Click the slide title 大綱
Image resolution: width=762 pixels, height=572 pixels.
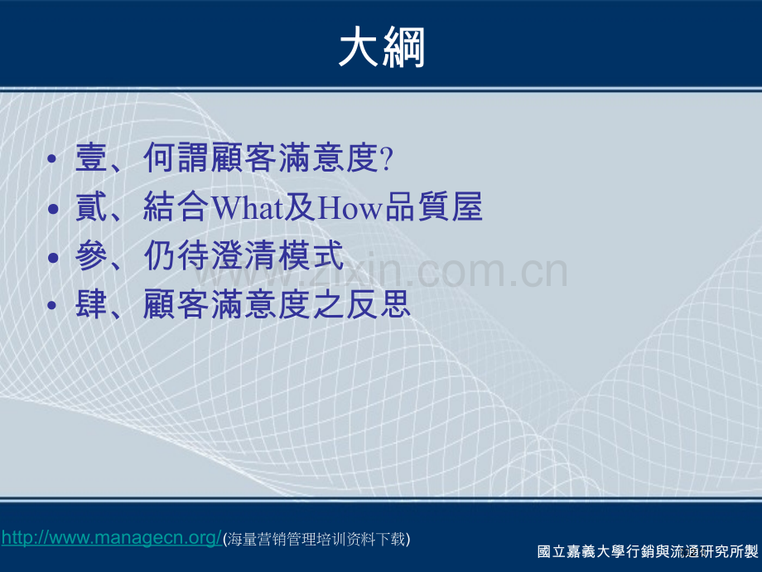(x=382, y=47)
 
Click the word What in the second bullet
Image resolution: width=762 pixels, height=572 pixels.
(x=247, y=207)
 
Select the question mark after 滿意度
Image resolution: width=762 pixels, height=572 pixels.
(x=387, y=158)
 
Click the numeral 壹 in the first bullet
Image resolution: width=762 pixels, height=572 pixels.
(x=91, y=158)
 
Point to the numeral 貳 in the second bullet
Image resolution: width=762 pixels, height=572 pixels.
(x=91, y=206)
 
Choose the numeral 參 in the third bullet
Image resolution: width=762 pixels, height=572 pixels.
(x=91, y=255)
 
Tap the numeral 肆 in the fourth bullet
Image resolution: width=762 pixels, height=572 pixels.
(x=91, y=304)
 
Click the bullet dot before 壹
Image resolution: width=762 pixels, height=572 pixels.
(x=52, y=159)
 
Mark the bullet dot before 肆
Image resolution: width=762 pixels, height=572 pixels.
(x=52, y=305)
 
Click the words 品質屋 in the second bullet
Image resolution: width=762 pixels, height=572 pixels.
(x=433, y=206)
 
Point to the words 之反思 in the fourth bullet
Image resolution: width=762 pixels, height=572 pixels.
(x=362, y=304)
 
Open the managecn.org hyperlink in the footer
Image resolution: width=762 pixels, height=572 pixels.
(x=112, y=538)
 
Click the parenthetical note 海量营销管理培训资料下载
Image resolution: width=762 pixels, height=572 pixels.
(x=316, y=540)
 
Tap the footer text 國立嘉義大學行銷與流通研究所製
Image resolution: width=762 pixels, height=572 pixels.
(x=648, y=551)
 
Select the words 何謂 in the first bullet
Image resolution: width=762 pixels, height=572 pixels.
(x=177, y=158)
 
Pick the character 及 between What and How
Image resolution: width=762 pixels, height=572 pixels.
(x=301, y=206)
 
